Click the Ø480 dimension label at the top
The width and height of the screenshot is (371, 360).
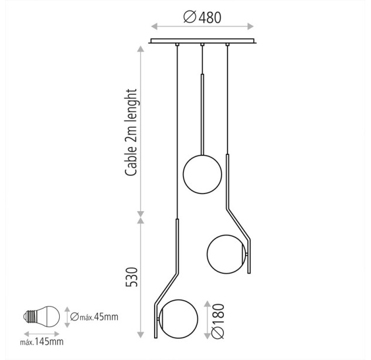[x=203, y=17]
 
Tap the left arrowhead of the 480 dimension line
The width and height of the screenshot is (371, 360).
[x=154, y=26]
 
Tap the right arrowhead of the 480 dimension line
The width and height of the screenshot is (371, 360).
[x=251, y=26]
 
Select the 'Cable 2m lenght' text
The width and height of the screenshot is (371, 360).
[x=131, y=133]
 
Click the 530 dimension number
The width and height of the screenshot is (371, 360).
[x=131, y=277]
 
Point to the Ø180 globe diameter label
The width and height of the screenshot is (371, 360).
[x=217, y=321]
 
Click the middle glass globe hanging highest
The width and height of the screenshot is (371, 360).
[x=202, y=174]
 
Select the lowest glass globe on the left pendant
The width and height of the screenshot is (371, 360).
[x=179, y=319]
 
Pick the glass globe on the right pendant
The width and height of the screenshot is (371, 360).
[x=226, y=254]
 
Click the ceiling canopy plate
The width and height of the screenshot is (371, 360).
[x=203, y=41]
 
